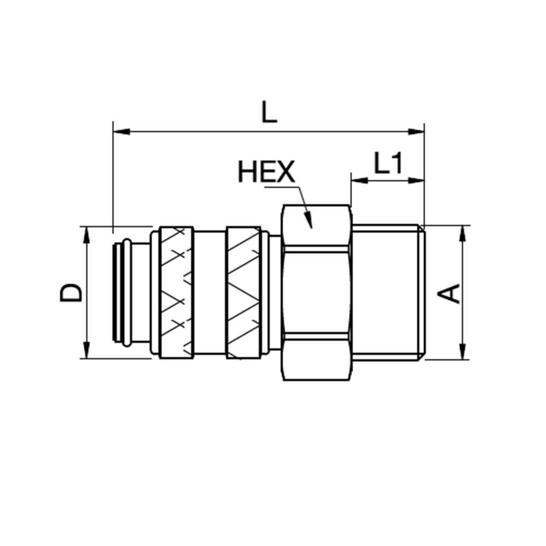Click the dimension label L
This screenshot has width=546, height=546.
269,112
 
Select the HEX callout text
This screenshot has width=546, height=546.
266,173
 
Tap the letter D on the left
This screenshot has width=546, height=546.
71,293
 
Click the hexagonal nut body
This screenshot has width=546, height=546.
317,293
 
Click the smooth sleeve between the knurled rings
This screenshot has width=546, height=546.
209,293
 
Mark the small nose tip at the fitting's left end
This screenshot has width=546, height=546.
123,293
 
